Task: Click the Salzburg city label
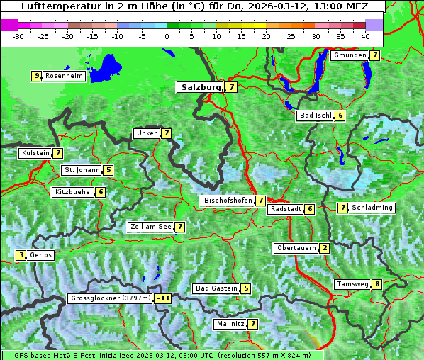(x=199, y=87)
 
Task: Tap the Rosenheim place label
(x=64, y=76)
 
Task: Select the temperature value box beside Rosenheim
(x=35, y=76)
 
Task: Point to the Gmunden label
(x=350, y=55)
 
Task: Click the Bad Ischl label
(x=316, y=116)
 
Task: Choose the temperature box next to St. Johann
(x=108, y=170)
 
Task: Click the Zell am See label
(x=150, y=227)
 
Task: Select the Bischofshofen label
(x=228, y=201)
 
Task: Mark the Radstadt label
(x=285, y=209)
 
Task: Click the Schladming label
(x=372, y=208)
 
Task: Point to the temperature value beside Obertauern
(x=324, y=248)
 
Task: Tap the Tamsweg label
(x=352, y=285)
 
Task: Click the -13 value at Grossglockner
(x=163, y=299)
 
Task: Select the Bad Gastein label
(x=216, y=288)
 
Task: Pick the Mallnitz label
(x=230, y=324)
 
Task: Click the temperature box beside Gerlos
(x=21, y=255)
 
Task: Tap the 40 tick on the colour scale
(x=365, y=35)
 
